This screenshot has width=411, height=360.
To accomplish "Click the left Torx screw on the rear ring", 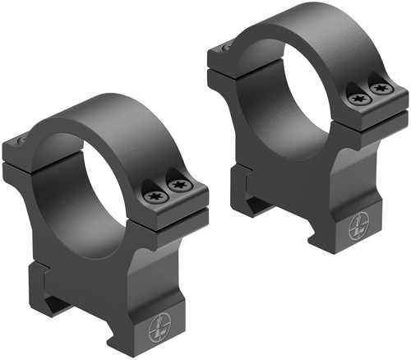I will (x=358, y=98).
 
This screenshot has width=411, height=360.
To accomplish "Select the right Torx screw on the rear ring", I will (x=378, y=87).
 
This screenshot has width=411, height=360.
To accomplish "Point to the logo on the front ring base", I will (x=159, y=330).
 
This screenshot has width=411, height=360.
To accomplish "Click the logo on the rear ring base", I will (x=361, y=226).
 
